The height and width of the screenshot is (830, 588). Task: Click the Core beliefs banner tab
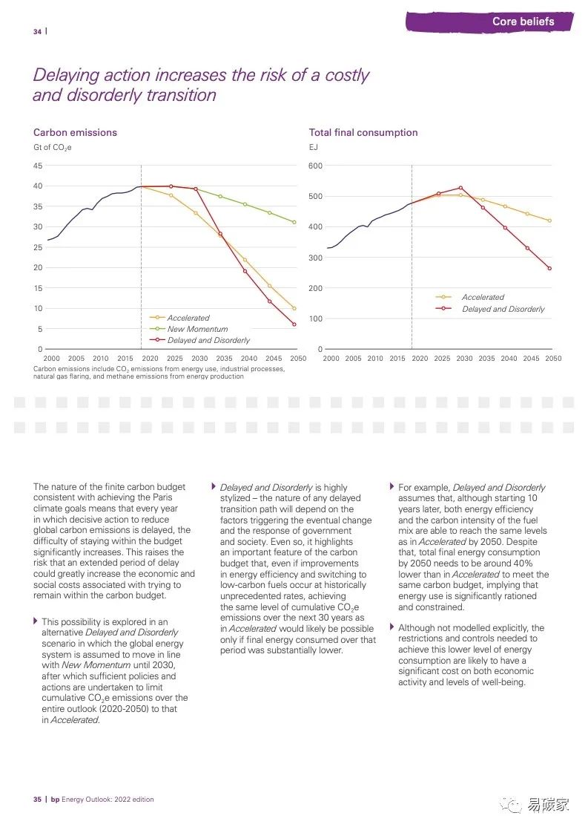(523, 22)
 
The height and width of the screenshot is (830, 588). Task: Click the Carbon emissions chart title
(75, 132)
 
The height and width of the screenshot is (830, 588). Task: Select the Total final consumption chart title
(363, 132)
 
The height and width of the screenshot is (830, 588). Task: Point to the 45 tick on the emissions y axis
(37, 166)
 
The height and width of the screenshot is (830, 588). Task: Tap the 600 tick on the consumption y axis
(316, 166)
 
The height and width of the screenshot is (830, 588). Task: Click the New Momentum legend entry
(197, 329)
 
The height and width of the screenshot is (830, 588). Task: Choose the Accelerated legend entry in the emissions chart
(188, 318)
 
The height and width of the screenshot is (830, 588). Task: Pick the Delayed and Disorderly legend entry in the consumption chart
(503, 309)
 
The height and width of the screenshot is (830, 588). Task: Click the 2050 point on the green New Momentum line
(294, 222)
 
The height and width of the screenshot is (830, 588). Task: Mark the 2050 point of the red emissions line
(294, 324)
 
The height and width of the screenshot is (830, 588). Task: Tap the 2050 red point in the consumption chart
(549, 269)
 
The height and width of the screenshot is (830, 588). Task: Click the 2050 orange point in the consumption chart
(549, 220)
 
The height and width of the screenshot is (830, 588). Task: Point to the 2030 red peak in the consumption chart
(460, 188)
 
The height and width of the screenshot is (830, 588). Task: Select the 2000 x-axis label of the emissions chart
(52, 359)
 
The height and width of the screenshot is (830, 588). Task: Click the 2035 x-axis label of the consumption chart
(487, 359)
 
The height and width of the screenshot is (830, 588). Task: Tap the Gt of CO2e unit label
(52, 147)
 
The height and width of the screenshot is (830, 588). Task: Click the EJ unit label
(313, 147)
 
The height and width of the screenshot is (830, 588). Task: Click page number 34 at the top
(37, 31)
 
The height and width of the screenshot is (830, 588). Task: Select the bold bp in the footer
(54, 800)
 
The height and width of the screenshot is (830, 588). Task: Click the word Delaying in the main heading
(65, 75)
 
